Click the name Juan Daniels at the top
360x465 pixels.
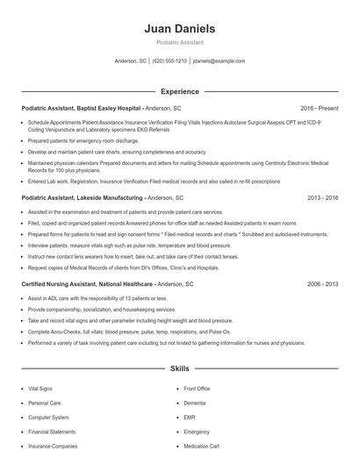pyautogui.click(x=179, y=29)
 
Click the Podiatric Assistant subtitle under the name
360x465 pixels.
pyautogui.click(x=179, y=43)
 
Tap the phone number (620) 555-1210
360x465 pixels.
pyautogui.click(x=169, y=61)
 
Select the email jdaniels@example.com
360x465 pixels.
pyautogui.click(x=219, y=61)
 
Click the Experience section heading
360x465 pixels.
pyautogui.click(x=179, y=91)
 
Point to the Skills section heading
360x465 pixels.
pyautogui.click(x=179, y=370)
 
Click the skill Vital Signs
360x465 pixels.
pyautogui.click(x=40, y=387)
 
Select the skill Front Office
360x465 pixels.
pyautogui.click(x=197, y=387)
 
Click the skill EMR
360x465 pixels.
pyautogui.click(x=190, y=417)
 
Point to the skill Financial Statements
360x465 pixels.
pyautogui.click(x=51, y=432)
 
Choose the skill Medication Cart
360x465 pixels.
pyautogui.click(x=201, y=447)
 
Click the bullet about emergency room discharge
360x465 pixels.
pyautogui.click(x=83, y=140)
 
